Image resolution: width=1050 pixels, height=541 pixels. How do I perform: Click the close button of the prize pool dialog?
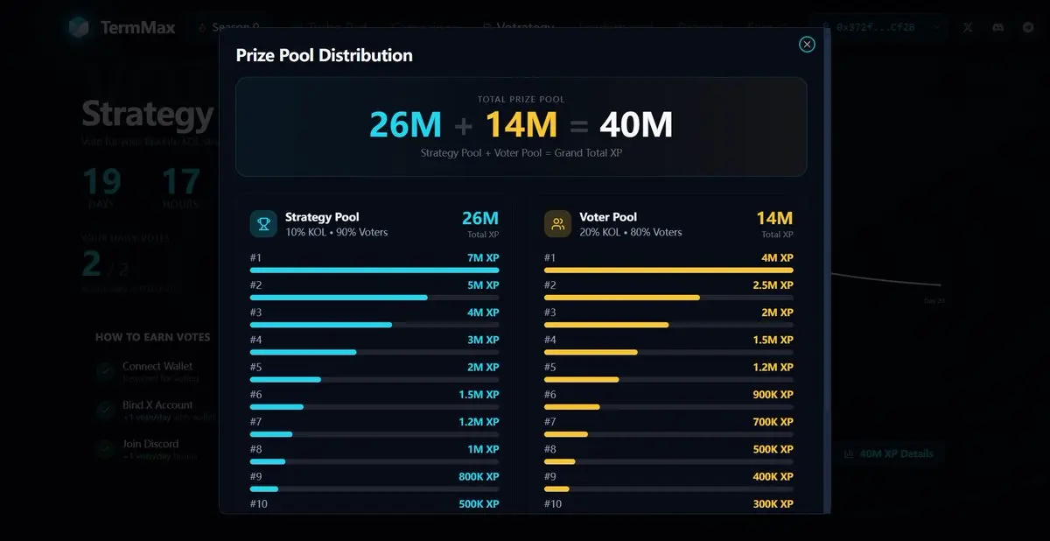click(x=807, y=44)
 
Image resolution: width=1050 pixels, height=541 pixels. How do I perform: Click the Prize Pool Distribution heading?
click(x=324, y=55)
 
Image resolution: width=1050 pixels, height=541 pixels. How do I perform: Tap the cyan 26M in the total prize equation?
click(x=405, y=125)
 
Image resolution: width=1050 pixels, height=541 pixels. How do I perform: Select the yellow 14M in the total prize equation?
click(x=521, y=125)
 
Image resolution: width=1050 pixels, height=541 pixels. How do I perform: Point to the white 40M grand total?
click(x=635, y=125)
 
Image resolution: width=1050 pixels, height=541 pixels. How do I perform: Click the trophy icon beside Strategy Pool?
click(x=263, y=224)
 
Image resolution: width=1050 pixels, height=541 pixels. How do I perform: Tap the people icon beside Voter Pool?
click(x=557, y=224)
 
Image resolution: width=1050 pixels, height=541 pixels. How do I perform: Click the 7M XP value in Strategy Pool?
click(x=483, y=258)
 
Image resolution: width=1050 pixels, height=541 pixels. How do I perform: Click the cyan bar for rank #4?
click(x=304, y=352)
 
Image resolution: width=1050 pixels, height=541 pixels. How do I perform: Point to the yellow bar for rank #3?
click(x=606, y=325)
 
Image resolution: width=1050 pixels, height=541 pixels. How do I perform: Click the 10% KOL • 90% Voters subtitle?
click(x=336, y=232)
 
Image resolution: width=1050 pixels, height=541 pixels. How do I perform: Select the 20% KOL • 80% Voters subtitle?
click(x=630, y=232)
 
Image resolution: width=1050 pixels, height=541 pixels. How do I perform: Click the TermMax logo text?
click(x=137, y=27)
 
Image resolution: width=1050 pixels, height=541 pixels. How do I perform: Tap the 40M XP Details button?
click(x=888, y=453)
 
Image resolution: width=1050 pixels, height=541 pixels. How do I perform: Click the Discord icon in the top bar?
click(x=998, y=27)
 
